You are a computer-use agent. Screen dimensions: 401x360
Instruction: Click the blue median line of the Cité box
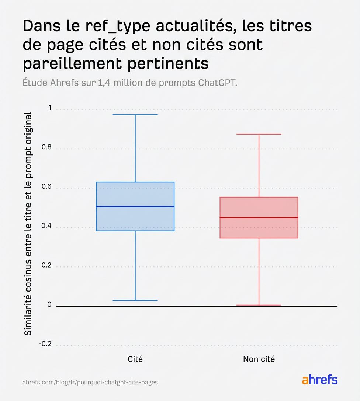[135, 206]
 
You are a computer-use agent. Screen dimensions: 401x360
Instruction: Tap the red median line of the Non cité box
[259, 217]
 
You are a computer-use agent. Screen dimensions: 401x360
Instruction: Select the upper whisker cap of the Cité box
[135, 115]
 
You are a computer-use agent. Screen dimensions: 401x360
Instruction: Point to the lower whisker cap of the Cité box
[135, 300]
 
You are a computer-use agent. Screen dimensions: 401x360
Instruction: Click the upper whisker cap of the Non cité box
[259, 134]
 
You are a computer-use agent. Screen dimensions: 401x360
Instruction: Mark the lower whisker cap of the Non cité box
[259, 305]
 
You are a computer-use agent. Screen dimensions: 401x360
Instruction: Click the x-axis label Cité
[135, 359]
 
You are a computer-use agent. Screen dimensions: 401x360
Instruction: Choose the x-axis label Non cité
[259, 359]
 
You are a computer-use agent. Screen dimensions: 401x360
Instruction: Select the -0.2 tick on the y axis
[45, 344]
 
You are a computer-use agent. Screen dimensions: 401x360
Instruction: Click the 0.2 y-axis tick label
[46, 266]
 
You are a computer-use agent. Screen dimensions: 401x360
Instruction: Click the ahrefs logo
[319, 380]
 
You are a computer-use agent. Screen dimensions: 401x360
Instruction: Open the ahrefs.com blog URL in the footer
[90, 382]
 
